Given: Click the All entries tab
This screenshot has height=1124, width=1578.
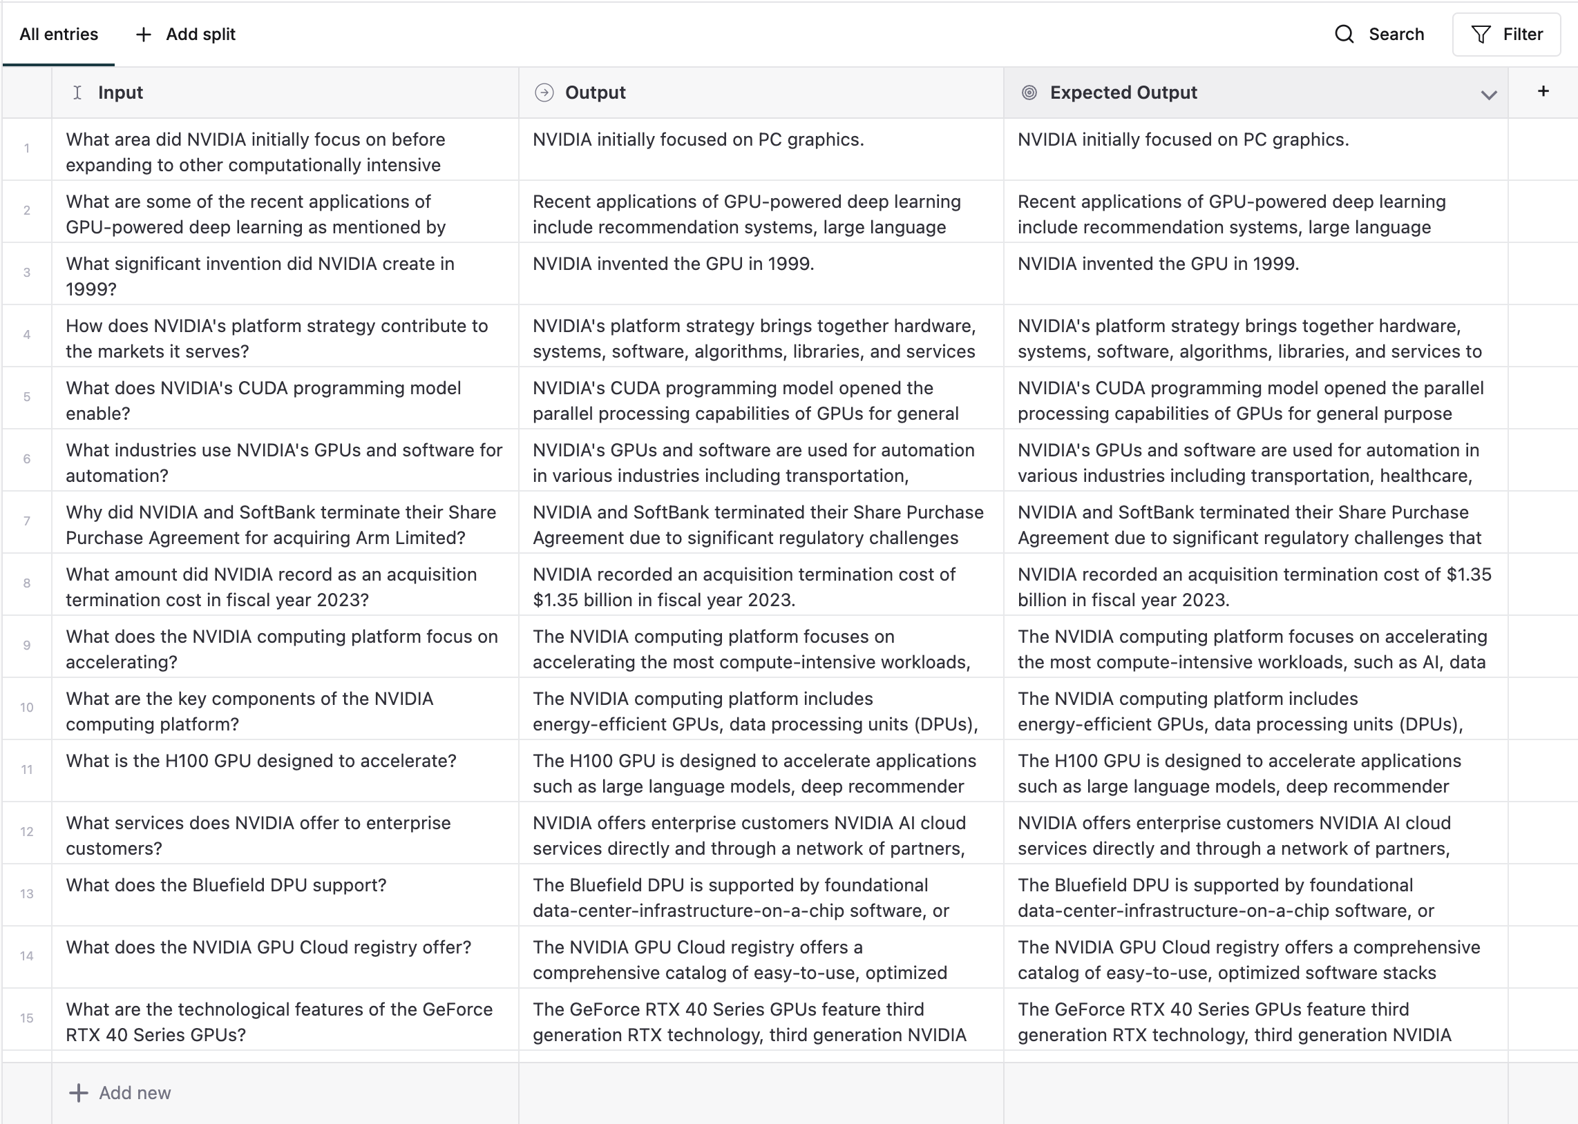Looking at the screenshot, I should pos(59,35).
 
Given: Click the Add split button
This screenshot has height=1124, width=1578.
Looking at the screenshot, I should pos(186,35).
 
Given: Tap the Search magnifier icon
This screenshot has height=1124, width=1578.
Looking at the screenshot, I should pos(1344,35).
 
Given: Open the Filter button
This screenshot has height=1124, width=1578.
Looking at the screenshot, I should pos(1506,35).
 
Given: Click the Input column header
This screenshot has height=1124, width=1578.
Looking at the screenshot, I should pos(120,93).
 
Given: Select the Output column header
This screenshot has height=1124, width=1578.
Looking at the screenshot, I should pos(595,93).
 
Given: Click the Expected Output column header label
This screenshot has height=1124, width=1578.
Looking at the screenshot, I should pos(1123,93).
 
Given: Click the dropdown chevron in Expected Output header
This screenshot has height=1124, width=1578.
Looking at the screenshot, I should pos(1489,95).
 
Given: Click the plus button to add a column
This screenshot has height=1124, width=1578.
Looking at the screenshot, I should pos(1543,91).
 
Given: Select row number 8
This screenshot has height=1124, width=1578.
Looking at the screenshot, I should pos(27,583).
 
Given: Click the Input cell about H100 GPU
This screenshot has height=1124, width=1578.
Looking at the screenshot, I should pos(261,762).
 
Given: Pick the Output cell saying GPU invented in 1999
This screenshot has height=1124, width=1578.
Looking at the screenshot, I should pos(673,264).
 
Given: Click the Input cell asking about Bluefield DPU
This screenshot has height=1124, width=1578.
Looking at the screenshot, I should pos(226,886).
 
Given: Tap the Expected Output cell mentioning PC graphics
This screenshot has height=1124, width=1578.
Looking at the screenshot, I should pos(1183,139).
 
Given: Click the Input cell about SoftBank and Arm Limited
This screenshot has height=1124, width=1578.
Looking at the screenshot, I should pos(281,525).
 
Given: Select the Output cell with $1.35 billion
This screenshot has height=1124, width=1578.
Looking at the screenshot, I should pos(743,587).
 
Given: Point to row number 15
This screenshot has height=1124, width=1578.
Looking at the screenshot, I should pos(27,1018).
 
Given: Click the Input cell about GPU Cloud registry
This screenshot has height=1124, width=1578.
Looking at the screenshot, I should pos(268,947).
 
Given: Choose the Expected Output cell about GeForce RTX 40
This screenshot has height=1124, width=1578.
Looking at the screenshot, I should pos(1234,1022).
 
